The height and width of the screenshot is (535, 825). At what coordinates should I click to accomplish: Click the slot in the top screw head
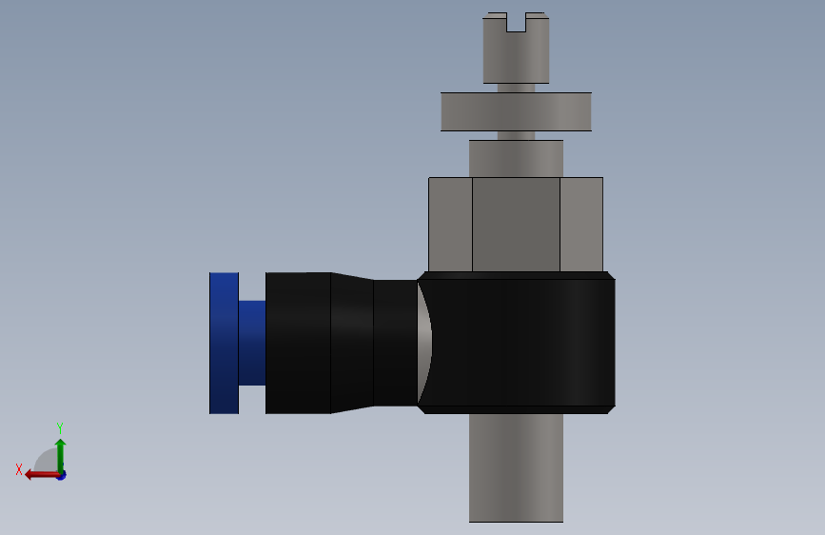coord(516,22)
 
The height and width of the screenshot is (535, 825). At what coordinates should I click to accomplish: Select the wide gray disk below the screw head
coord(516,111)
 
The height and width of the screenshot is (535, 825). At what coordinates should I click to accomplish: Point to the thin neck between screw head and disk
coord(516,88)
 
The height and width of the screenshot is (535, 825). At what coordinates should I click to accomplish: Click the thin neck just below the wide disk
coord(516,135)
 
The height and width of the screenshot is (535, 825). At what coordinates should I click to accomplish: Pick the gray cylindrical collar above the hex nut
coord(516,158)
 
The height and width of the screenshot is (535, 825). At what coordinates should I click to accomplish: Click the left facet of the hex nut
coord(450,225)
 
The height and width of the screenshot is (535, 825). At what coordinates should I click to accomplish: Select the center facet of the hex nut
coord(516,225)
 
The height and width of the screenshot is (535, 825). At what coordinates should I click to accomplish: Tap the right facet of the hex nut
coord(581,225)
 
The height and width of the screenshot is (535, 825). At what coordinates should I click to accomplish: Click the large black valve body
coord(521,343)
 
